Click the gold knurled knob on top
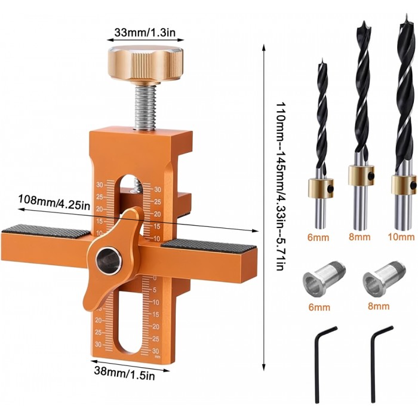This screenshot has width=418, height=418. click(x=145, y=64)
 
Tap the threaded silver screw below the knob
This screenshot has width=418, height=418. click(x=145, y=107)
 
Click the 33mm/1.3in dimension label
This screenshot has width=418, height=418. click(x=145, y=32)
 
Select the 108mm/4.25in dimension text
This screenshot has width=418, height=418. click(x=54, y=199)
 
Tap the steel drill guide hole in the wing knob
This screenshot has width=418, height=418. click(x=109, y=261)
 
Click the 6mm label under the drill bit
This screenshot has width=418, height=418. click(x=318, y=237)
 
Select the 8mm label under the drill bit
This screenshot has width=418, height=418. click(x=359, y=236)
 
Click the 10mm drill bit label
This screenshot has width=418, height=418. click(x=401, y=236)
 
